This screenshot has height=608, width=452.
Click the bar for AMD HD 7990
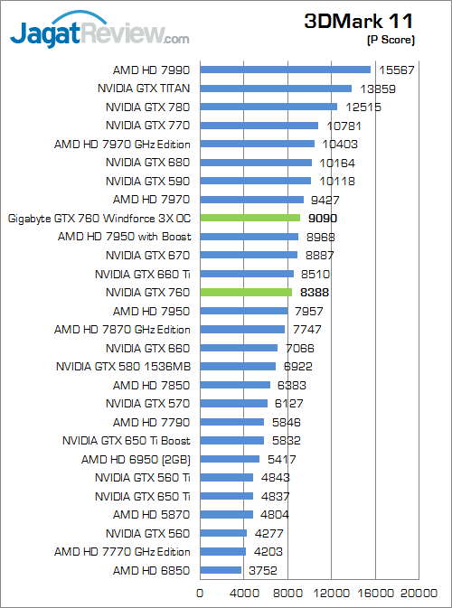pos(285,70)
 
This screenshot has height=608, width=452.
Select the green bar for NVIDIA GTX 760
pos(246,292)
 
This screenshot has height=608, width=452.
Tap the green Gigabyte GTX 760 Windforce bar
pos(250,218)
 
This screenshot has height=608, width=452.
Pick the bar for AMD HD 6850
pos(221,570)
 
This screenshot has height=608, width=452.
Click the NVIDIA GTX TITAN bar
pos(276,89)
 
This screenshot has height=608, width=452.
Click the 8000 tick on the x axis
pos(287,594)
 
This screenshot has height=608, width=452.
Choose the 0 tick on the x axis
pos(200,594)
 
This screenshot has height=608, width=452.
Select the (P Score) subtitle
pos(391,40)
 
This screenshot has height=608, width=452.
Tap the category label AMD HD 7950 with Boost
pos(124,237)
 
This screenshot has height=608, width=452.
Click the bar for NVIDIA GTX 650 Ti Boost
pos(231,440)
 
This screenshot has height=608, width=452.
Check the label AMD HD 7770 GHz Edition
pos(122,551)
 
